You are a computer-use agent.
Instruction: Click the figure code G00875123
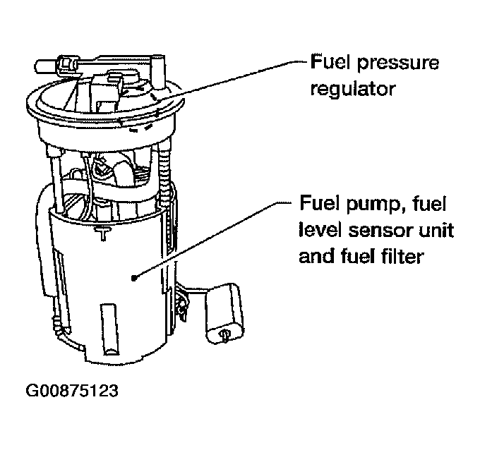tap(71, 390)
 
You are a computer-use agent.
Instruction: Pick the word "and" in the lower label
tap(315, 256)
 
